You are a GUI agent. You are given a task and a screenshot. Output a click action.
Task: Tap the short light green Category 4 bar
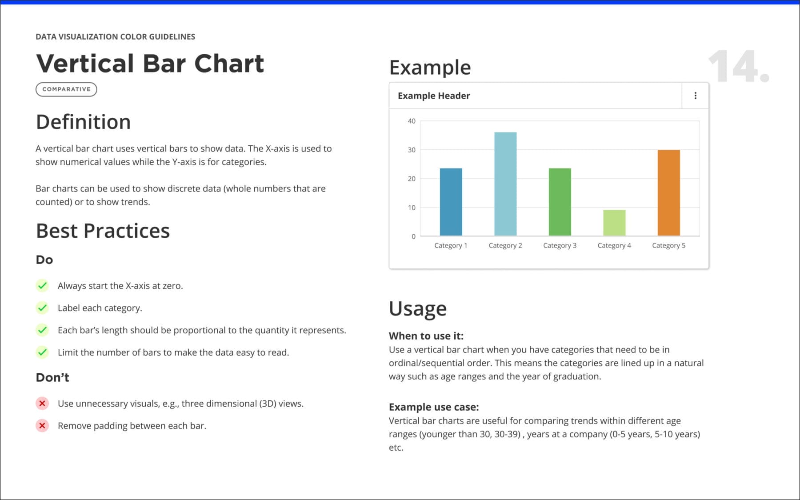614,223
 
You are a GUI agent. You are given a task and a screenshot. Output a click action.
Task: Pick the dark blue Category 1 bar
451,202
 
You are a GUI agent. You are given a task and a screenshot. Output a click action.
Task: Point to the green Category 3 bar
560,202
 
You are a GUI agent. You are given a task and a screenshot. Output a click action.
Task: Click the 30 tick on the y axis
412,150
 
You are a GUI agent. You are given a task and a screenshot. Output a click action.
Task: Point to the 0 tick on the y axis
413,236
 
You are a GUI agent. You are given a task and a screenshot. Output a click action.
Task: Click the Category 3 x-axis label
560,245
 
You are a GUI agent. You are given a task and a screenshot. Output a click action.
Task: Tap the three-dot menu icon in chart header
695,96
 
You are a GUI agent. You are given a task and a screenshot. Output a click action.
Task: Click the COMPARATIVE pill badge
66,89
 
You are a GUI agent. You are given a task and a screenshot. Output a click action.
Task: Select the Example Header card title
434,96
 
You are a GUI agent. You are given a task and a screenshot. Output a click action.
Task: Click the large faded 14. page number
738,67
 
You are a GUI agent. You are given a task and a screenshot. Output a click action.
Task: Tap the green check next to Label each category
42,308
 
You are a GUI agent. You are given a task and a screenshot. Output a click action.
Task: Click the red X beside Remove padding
42,426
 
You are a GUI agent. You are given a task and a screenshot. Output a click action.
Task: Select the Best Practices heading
103,231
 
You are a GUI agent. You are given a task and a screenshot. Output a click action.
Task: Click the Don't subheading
52,377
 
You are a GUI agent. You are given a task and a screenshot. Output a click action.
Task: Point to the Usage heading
417,308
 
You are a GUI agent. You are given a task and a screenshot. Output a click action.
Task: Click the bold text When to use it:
426,336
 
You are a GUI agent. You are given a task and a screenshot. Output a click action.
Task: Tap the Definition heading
83,122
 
